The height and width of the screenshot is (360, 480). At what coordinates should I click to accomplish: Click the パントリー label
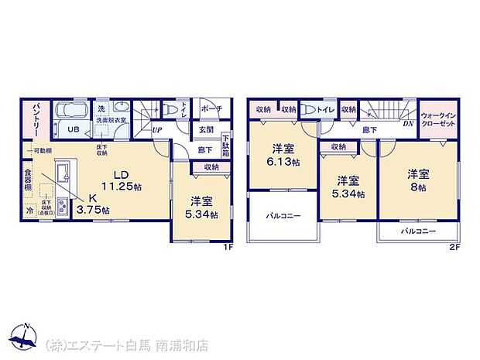[36, 121]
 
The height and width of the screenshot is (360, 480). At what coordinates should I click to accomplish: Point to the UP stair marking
[156, 130]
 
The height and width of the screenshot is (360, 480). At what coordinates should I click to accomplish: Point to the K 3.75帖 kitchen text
[94, 203]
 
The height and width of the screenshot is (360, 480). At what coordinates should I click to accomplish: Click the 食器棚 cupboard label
[28, 181]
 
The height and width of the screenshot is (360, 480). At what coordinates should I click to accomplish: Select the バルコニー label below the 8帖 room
[418, 231]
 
